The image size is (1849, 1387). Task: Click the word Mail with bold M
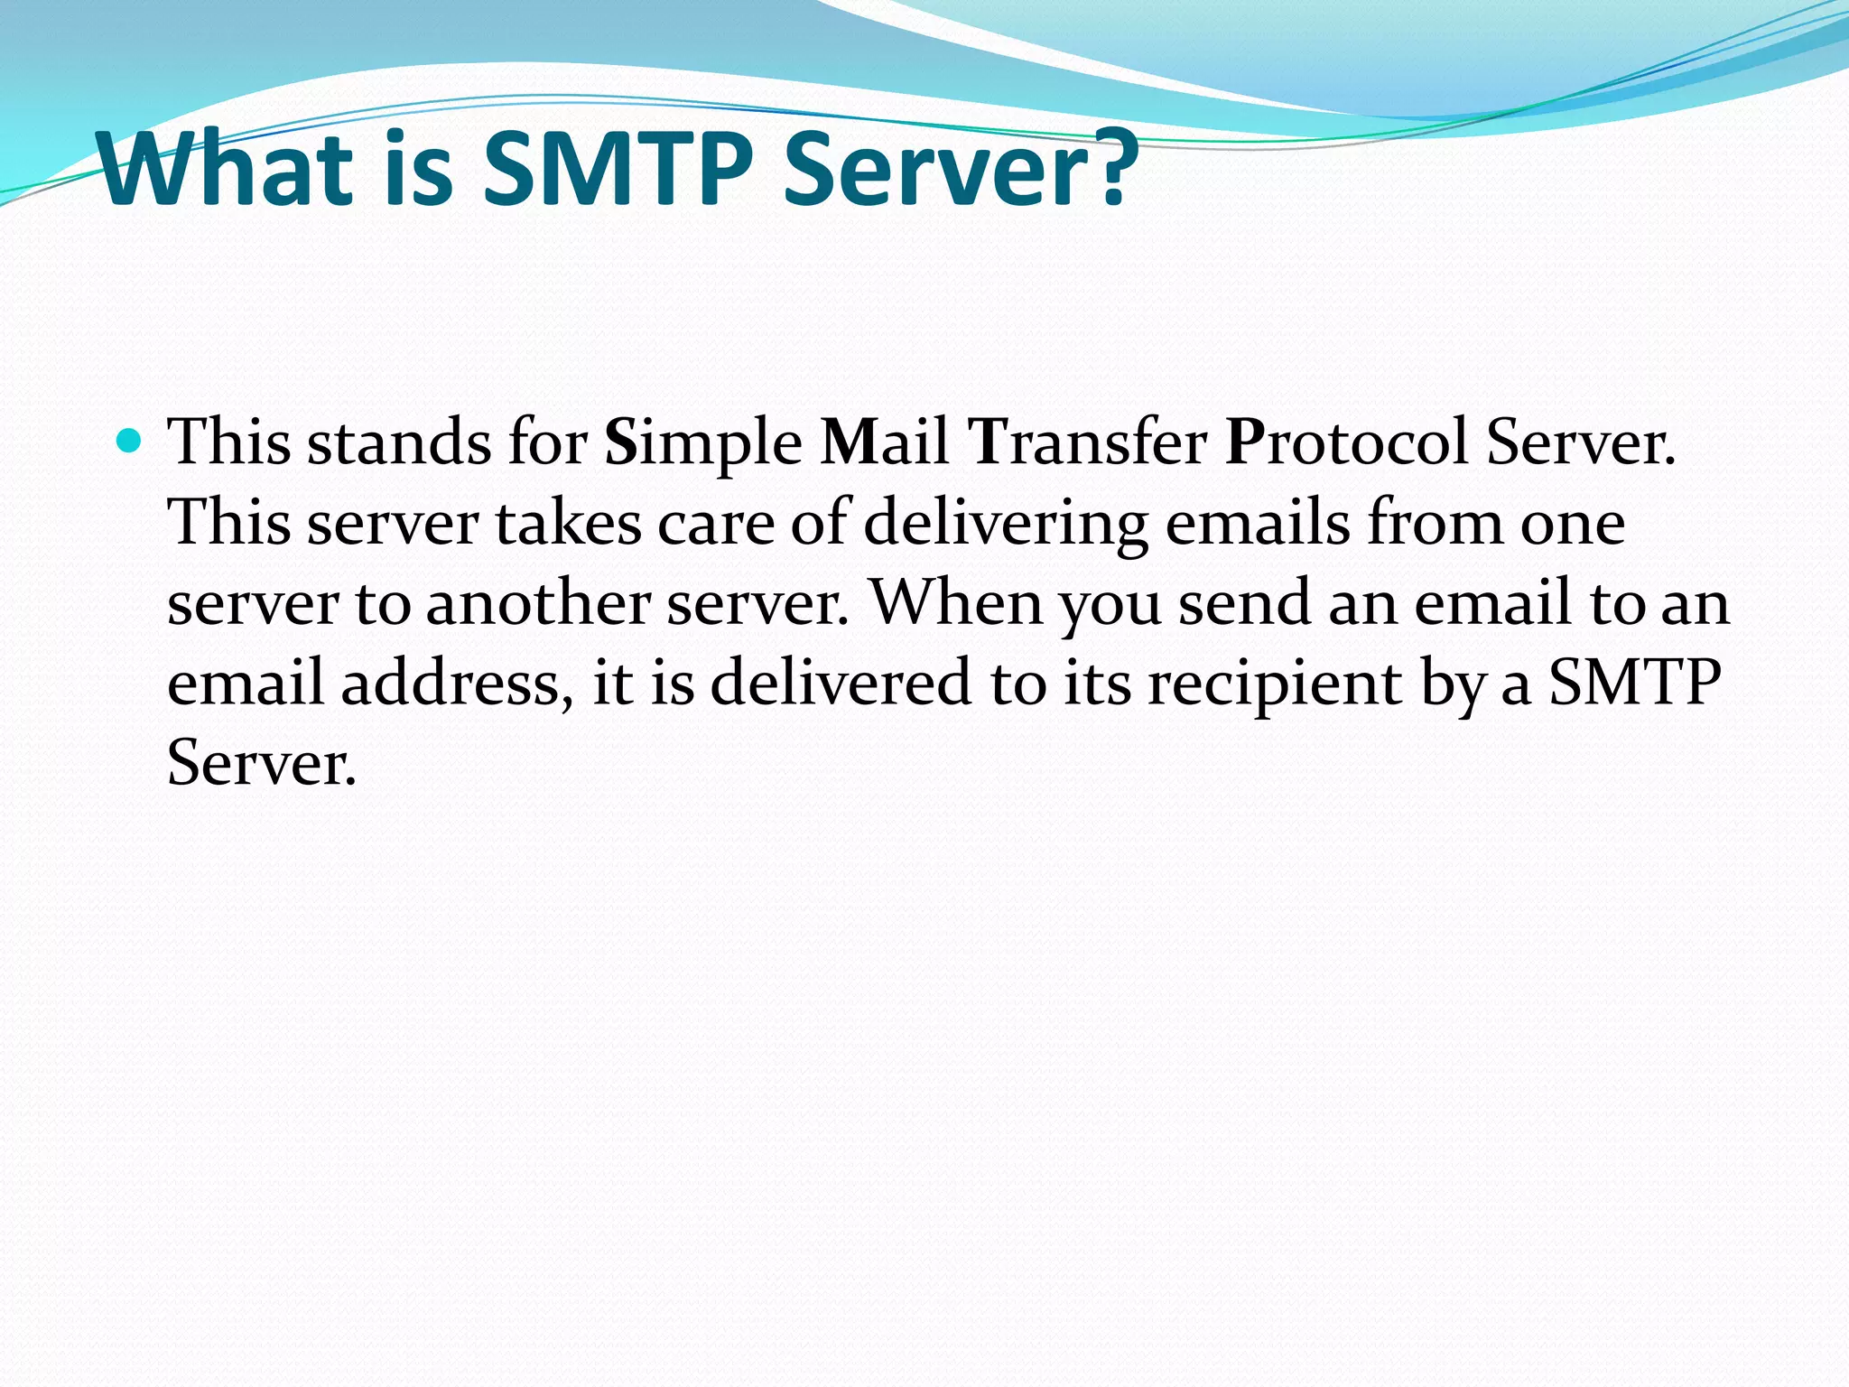pyautogui.click(x=884, y=443)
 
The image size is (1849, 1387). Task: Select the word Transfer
pyautogui.click(x=1087, y=443)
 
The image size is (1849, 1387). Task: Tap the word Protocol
pyautogui.click(x=1346, y=443)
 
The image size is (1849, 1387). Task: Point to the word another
pyautogui.click(x=537, y=603)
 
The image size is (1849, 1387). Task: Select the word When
pyautogui.click(x=956, y=603)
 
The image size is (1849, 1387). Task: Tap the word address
pyautogui.click(x=457, y=683)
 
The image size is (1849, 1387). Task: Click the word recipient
pyautogui.click(x=1274, y=683)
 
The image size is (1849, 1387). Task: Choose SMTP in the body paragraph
pyautogui.click(x=1635, y=683)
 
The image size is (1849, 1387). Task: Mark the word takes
pyautogui.click(x=568, y=524)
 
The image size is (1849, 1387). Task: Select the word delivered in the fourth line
pyautogui.click(x=841, y=683)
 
